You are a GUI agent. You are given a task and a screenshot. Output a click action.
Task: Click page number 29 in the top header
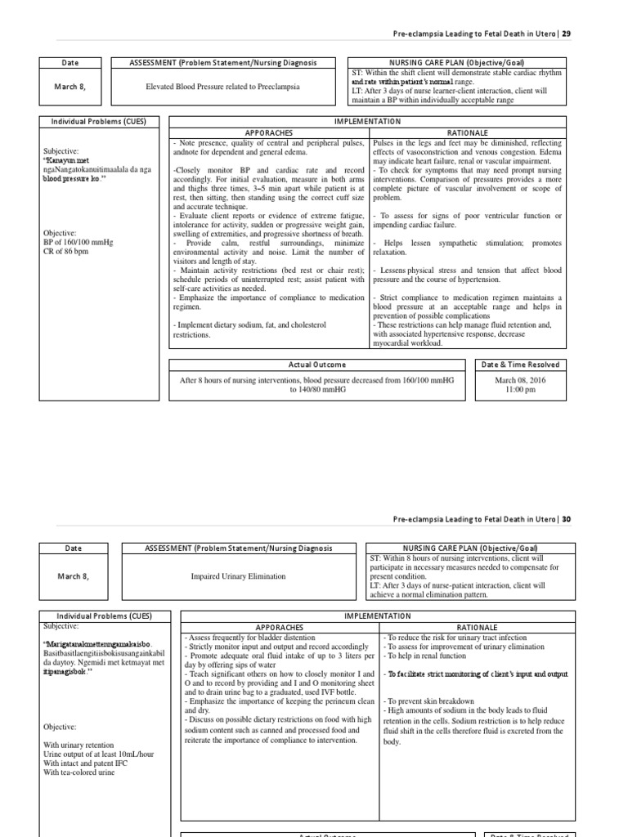[x=567, y=34]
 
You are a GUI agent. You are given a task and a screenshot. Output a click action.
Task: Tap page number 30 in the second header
[x=567, y=518]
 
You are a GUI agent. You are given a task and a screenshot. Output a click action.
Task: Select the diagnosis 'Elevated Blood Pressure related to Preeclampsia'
[x=222, y=87]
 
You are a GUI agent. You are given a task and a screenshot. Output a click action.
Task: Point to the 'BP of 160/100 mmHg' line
[x=78, y=243]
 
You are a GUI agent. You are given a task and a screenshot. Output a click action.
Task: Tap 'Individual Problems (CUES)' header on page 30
[x=104, y=615]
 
